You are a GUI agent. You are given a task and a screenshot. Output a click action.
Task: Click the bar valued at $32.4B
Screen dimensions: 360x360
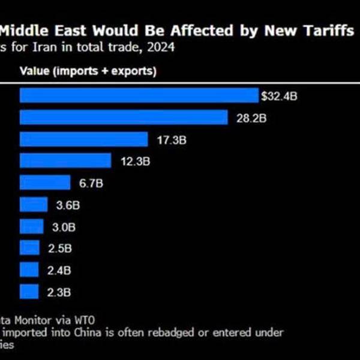click(x=139, y=95)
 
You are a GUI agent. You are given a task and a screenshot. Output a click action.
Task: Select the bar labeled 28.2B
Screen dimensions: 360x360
click(x=124, y=118)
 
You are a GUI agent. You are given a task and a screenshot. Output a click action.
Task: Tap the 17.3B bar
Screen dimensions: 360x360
click(x=83, y=139)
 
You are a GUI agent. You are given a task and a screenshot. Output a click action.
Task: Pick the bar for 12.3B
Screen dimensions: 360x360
click(x=65, y=161)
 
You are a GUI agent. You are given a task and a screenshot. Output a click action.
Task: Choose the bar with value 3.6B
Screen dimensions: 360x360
click(x=34, y=205)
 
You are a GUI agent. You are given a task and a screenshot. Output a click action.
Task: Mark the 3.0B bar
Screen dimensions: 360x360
click(x=32, y=226)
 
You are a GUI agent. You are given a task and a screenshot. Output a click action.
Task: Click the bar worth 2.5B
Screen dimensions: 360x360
click(x=30, y=248)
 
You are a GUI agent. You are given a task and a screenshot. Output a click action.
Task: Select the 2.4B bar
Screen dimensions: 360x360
click(x=30, y=270)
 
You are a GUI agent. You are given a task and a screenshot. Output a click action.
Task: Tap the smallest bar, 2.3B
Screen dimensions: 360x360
click(x=29, y=292)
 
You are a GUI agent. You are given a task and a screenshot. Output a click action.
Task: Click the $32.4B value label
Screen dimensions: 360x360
click(x=278, y=95)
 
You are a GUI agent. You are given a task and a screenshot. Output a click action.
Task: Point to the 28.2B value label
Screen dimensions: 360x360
click(x=250, y=118)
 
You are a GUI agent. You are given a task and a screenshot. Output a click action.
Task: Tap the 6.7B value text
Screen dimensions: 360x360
click(x=91, y=182)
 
